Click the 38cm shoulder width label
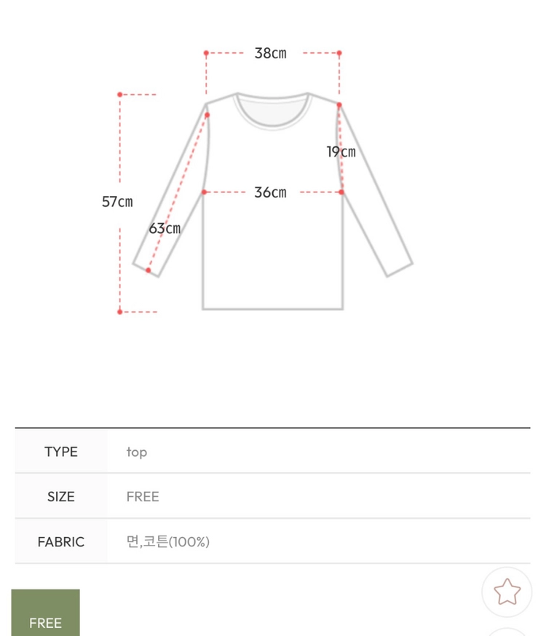pos(270,53)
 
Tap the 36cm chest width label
pos(270,192)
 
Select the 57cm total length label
pos(117,202)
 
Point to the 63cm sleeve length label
pos(165,228)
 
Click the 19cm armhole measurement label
pos(341,152)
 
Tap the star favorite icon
pos(507,592)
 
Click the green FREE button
pos(45,613)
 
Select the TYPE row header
pos(61,452)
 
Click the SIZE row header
pos(61,496)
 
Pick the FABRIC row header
pos(61,542)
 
